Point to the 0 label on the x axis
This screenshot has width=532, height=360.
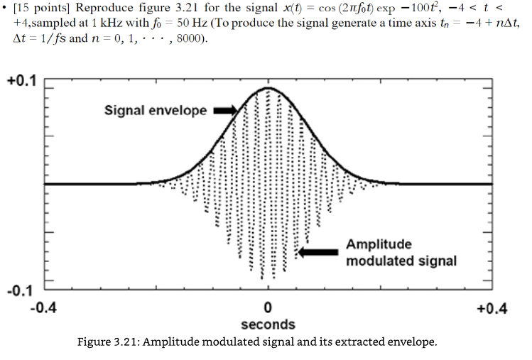coord(268,309)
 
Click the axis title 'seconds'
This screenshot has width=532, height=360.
coord(268,324)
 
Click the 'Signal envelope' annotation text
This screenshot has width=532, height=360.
coord(156,111)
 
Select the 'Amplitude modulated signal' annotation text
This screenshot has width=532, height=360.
coord(401,252)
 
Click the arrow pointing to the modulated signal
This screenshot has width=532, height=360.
coord(320,251)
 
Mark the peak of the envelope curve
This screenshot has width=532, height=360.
coord(268,88)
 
